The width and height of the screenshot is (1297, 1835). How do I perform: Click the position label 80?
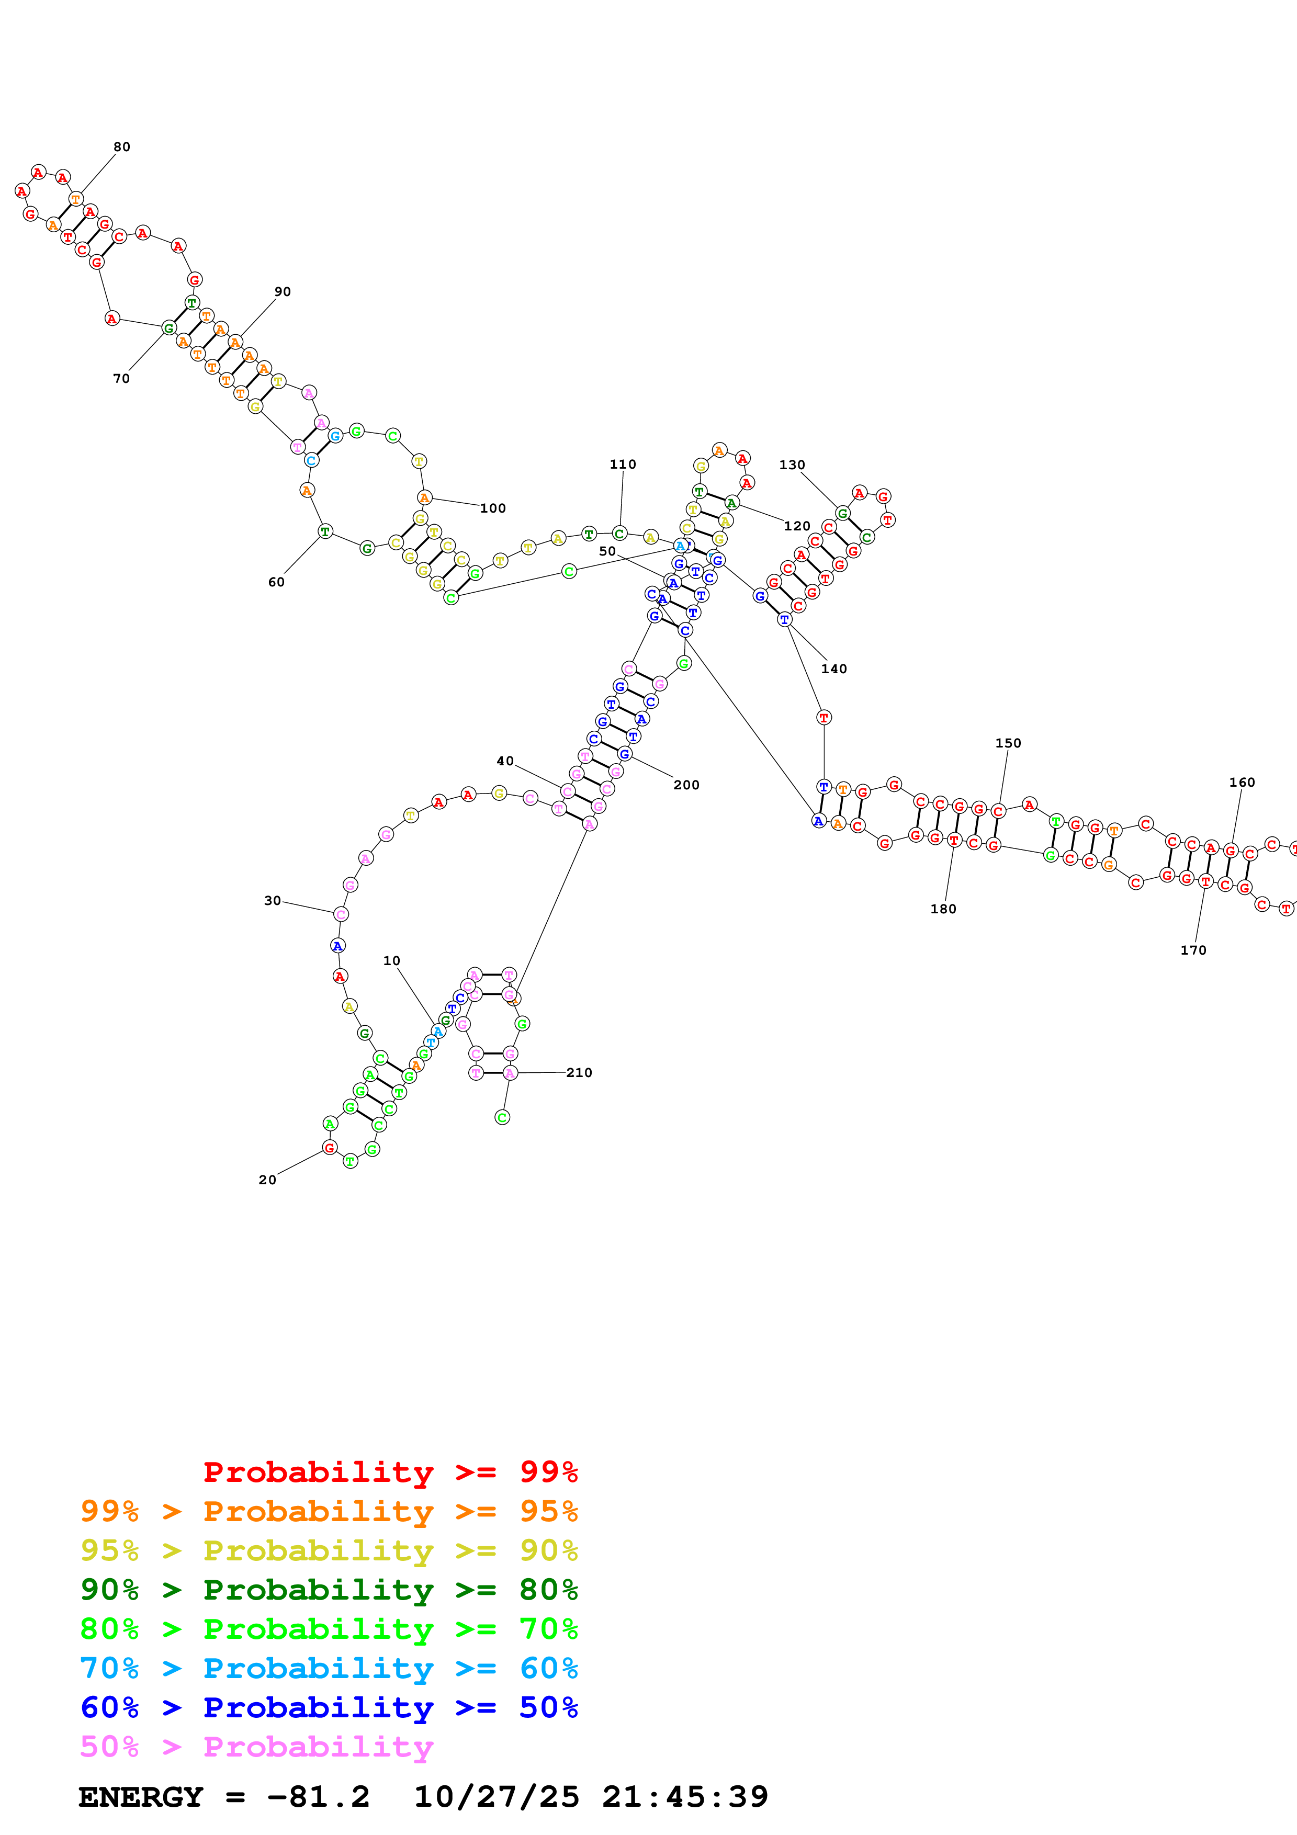[121, 147]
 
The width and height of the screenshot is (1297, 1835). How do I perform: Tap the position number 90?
[283, 292]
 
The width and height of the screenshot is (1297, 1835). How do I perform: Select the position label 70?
[121, 379]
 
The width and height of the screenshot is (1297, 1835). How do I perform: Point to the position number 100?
[493, 508]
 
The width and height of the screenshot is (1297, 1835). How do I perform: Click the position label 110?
[623, 465]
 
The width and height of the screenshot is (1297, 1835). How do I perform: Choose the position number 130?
[793, 465]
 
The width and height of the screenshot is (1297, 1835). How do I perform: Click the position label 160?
[1243, 783]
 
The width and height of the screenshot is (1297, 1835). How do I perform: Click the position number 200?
[686, 785]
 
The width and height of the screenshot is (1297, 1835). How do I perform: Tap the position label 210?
[579, 1072]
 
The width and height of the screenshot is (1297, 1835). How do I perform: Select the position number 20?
[268, 1180]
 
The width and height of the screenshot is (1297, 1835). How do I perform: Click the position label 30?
[273, 901]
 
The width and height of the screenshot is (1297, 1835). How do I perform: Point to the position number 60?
[276, 582]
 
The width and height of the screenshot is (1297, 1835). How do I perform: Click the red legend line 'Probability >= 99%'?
[390, 1472]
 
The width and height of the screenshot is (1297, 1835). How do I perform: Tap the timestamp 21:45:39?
[685, 1797]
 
